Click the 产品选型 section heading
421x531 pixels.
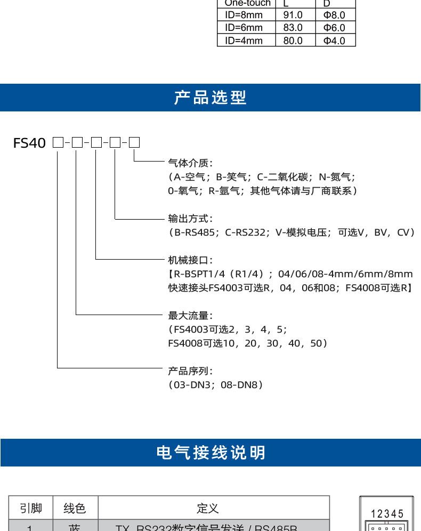(210, 98)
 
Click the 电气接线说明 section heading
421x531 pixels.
(210, 453)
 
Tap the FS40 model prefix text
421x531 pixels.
(30, 143)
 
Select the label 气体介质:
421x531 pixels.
(190, 163)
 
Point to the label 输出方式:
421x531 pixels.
(190, 219)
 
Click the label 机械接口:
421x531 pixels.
(190, 260)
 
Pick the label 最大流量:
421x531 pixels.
(190, 316)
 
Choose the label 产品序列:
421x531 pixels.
(190, 371)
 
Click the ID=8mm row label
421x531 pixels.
(244, 15)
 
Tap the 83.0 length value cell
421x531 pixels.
(293, 28)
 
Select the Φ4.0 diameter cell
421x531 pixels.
(334, 41)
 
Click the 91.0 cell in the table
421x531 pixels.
(293, 15)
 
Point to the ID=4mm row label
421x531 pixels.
(244, 41)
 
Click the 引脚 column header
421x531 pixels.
(31, 508)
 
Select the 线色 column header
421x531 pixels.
(75, 508)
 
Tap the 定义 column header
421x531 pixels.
(208, 508)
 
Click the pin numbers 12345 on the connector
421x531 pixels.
(387, 514)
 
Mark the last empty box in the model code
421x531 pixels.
(134, 142)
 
